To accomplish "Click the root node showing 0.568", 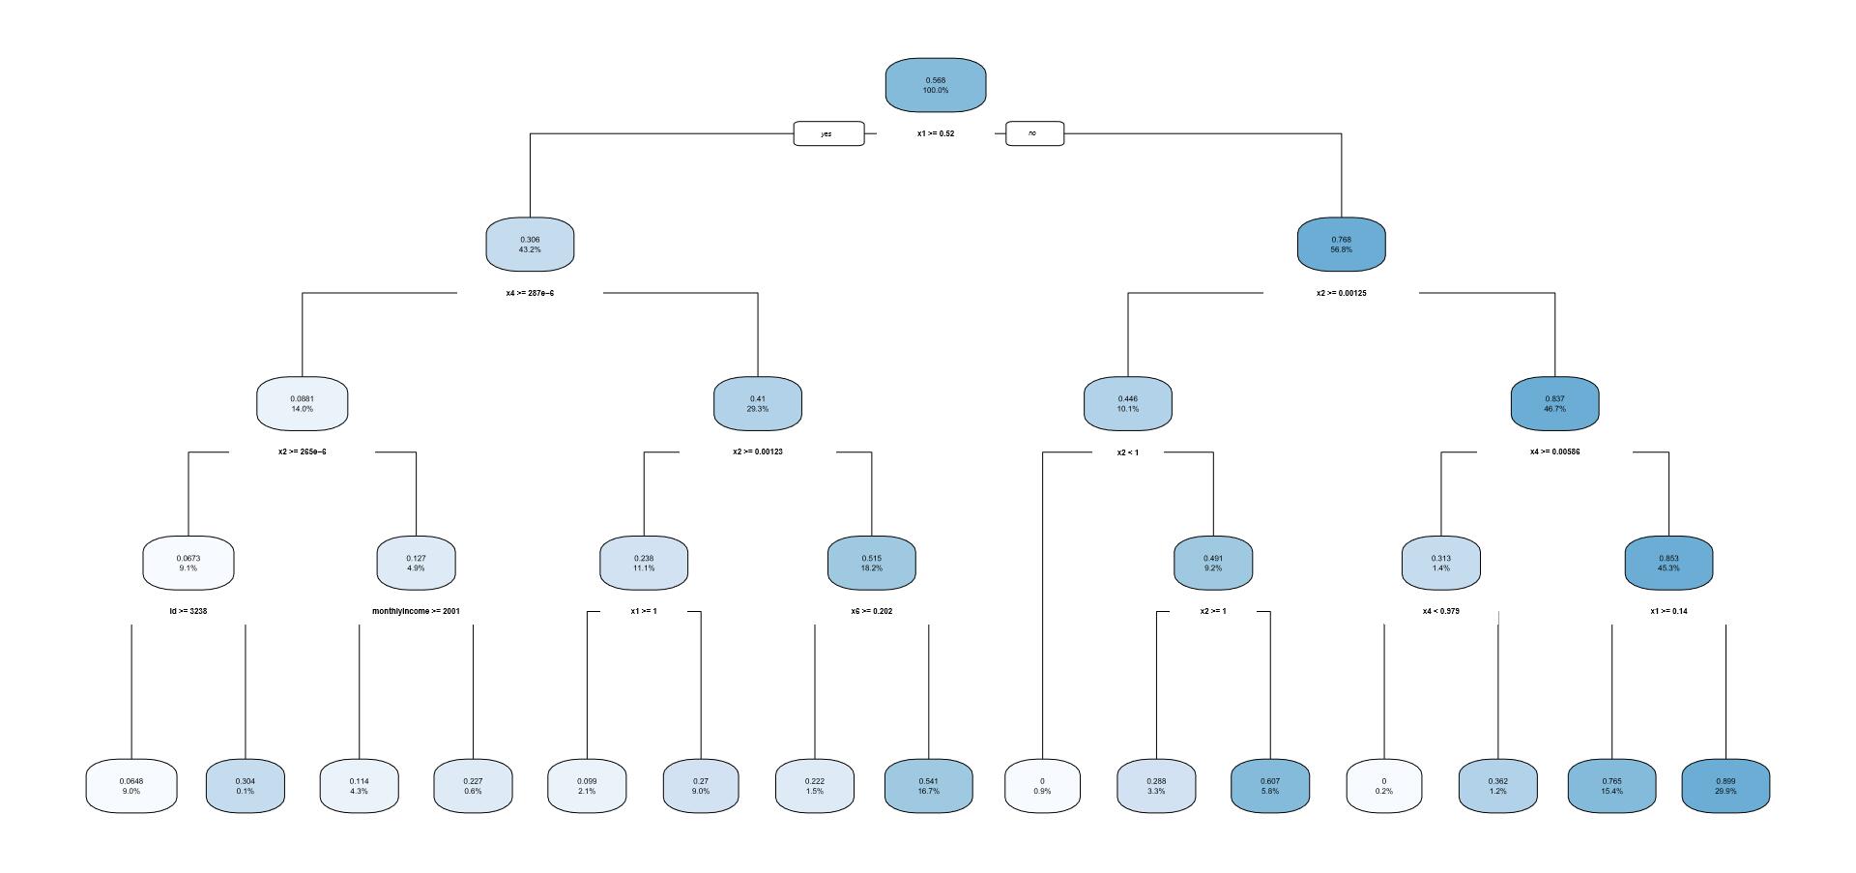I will [936, 85].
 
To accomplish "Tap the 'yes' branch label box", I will [828, 133].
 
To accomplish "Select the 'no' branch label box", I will [1034, 133].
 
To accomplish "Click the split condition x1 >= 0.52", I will [936, 133].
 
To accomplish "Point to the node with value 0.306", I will [530, 245].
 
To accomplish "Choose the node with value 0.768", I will [1341, 245].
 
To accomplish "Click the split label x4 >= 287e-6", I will [530, 293].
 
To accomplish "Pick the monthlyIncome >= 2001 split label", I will [417, 611].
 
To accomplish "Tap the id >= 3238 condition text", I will [188, 611].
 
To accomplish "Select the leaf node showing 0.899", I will [1725, 786].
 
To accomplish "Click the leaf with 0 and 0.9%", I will [1042, 786].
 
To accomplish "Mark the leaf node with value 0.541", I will [928, 786].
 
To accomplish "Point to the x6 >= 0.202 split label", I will [872, 611].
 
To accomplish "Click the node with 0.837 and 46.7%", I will [1554, 404].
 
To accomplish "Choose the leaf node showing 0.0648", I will [131, 786].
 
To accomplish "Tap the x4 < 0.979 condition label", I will [1440, 611].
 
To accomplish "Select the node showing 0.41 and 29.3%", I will [758, 404].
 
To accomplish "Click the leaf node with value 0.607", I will [1270, 786].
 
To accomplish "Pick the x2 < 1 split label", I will [1128, 452].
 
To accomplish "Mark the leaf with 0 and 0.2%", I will [1384, 786].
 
